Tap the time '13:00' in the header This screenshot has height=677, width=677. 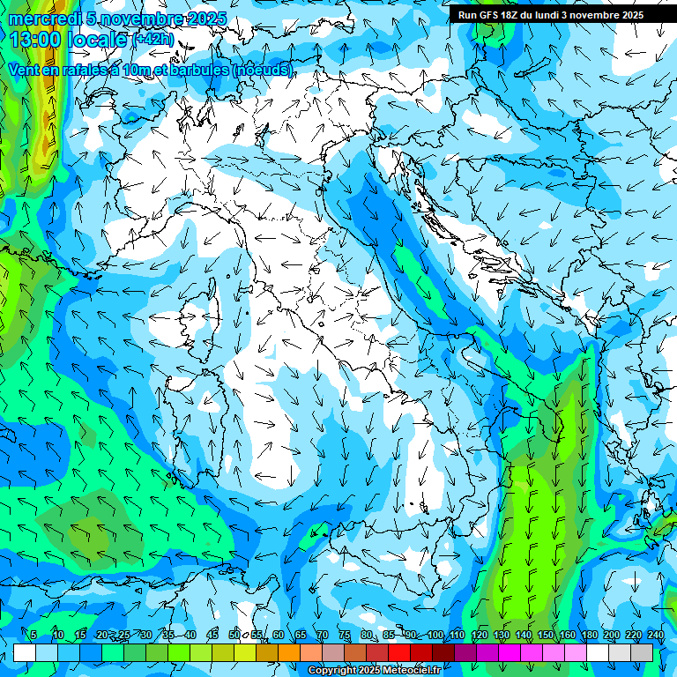[34, 39]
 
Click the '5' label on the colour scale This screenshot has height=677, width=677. [33, 636]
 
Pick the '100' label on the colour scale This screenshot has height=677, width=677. [435, 636]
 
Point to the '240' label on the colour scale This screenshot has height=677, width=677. [656, 636]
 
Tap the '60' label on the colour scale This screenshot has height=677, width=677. [279, 636]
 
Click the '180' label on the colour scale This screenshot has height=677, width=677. [590, 636]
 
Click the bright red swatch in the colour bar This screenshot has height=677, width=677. [399, 652]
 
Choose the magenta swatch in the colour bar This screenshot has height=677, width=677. [510, 652]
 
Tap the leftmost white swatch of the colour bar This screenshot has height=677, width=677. [25, 652]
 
